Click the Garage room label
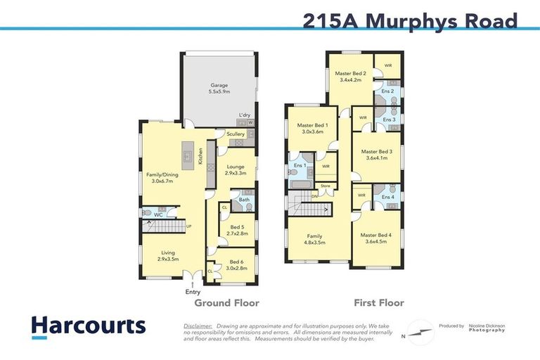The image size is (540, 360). click(x=219, y=89)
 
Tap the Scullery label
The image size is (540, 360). click(x=236, y=134)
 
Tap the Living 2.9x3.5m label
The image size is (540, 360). click(x=167, y=256)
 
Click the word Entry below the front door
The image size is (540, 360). click(x=193, y=292)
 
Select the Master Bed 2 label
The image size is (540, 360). click(x=350, y=77)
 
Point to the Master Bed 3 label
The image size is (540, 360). click(x=376, y=155)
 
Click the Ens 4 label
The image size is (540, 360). click(x=387, y=197)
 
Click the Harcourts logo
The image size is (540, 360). click(x=88, y=326)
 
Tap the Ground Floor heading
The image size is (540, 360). click(x=226, y=303)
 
